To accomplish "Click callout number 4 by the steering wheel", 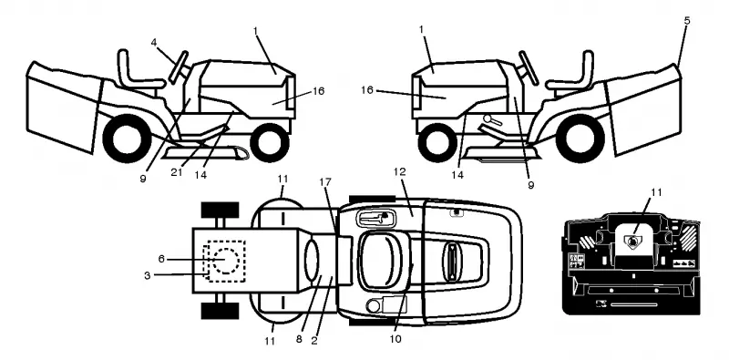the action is click(154, 42).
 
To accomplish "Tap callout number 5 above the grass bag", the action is click(687, 20).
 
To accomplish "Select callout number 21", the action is click(176, 172).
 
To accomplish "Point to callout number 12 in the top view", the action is click(399, 171).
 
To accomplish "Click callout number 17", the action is click(325, 181).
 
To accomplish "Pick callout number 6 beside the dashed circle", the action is click(161, 259).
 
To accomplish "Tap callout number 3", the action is click(147, 275).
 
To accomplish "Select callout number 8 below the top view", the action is click(299, 340).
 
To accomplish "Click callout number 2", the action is click(314, 341).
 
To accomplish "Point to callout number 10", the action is click(395, 339).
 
